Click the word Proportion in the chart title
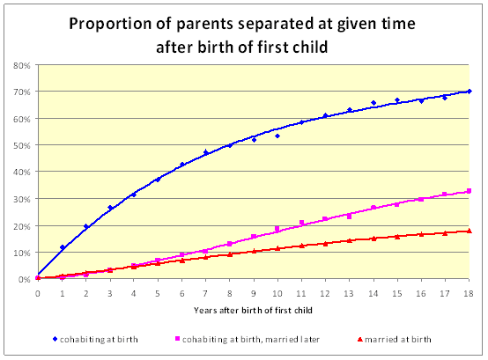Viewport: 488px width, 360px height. coord(110,25)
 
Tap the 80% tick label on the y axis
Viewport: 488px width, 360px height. coord(22,66)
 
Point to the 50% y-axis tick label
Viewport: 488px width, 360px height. coord(22,145)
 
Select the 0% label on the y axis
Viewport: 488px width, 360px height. coord(25,280)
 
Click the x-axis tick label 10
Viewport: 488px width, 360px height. coord(277,293)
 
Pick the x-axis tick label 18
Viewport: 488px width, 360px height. coord(469,293)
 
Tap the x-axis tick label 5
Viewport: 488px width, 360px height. coord(158,293)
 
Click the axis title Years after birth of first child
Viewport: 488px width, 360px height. coord(253,310)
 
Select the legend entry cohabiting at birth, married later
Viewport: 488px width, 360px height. coord(248,339)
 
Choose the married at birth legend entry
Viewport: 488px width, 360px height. coord(395,339)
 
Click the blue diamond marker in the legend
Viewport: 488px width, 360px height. coord(55,339)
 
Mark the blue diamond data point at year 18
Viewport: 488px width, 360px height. coord(469,92)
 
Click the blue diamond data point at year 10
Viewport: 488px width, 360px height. coord(277,136)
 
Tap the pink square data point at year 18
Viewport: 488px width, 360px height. coord(469,191)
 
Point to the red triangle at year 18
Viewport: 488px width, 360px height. coord(470,231)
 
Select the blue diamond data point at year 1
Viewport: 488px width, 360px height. coord(63,247)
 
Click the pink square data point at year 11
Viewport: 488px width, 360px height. coord(301,223)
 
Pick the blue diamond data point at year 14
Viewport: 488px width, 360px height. coord(373,103)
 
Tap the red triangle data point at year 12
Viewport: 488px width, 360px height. coord(326,244)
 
